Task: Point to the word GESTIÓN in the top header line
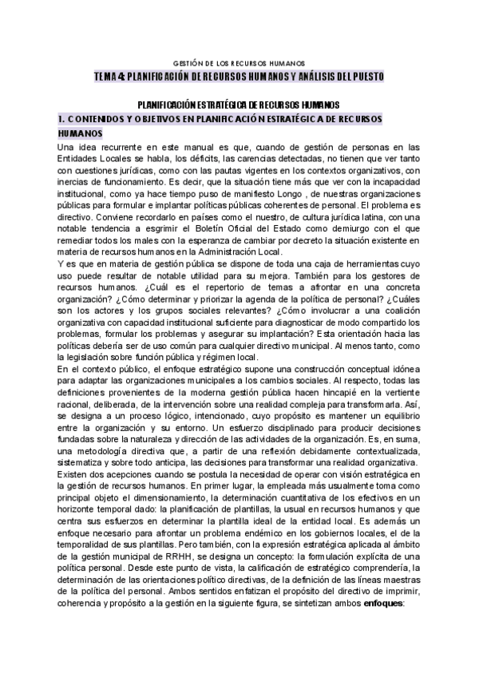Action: pyautogui.click(x=188, y=63)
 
